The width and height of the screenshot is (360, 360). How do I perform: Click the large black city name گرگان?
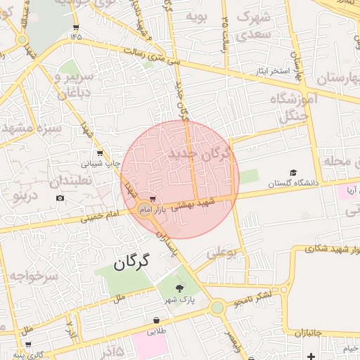(132, 263)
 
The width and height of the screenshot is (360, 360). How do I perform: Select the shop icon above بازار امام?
(153, 200)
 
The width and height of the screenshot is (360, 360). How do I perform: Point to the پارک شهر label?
(180, 300)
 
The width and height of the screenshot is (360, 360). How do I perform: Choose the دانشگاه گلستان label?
(292, 183)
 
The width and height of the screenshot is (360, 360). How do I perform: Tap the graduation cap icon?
(293, 172)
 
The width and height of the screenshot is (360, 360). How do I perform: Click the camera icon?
(60, 198)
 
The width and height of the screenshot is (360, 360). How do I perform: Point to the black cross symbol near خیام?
(311, 356)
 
